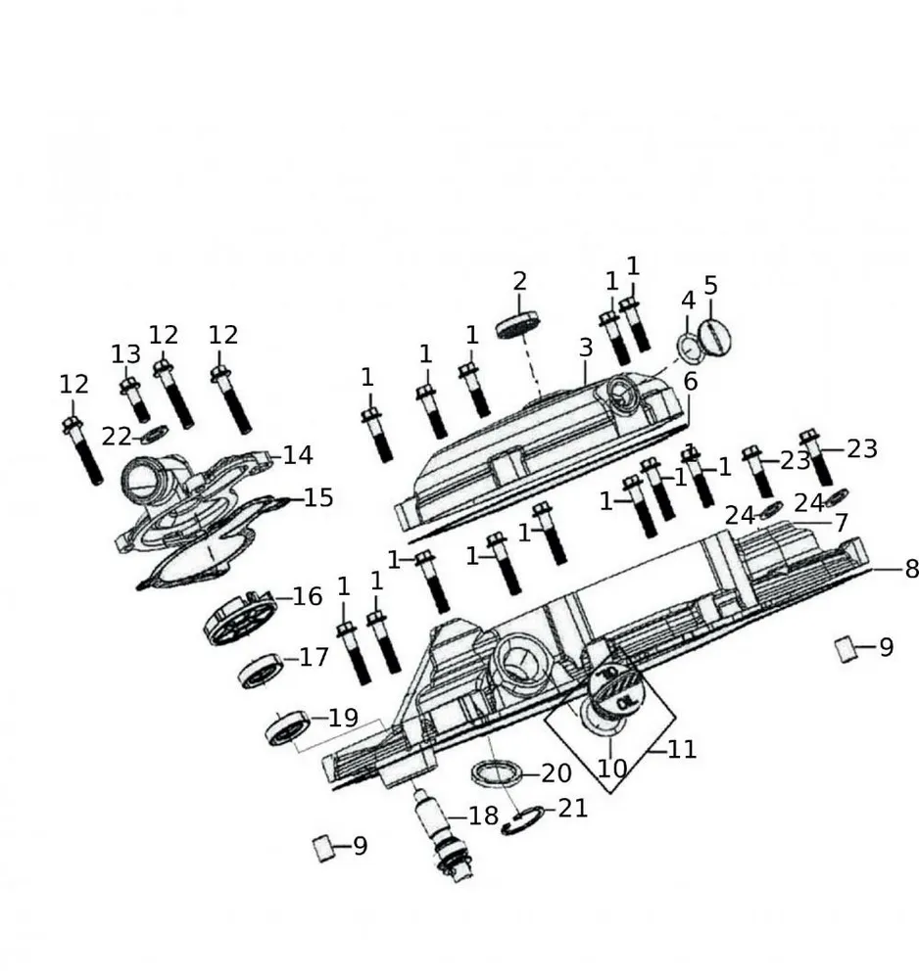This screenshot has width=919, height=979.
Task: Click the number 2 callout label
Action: (519, 281)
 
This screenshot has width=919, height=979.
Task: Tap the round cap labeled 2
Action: (520, 325)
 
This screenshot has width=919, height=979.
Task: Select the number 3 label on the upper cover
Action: (586, 348)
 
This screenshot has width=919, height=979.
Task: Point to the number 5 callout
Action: (711, 286)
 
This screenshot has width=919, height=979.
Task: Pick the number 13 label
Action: (125, 353)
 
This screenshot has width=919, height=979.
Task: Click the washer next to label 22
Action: (153, 434)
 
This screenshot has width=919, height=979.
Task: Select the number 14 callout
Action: (298, 454)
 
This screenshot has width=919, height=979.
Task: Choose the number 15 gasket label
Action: (318, 498)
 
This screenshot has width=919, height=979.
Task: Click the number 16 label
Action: (307, 597)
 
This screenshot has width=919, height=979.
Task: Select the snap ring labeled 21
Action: (521, 822)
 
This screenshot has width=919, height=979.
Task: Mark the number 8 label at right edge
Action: (911, 569)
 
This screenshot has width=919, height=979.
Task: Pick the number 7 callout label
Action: (841, 523)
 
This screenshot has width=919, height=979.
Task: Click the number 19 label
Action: (344, 718)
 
